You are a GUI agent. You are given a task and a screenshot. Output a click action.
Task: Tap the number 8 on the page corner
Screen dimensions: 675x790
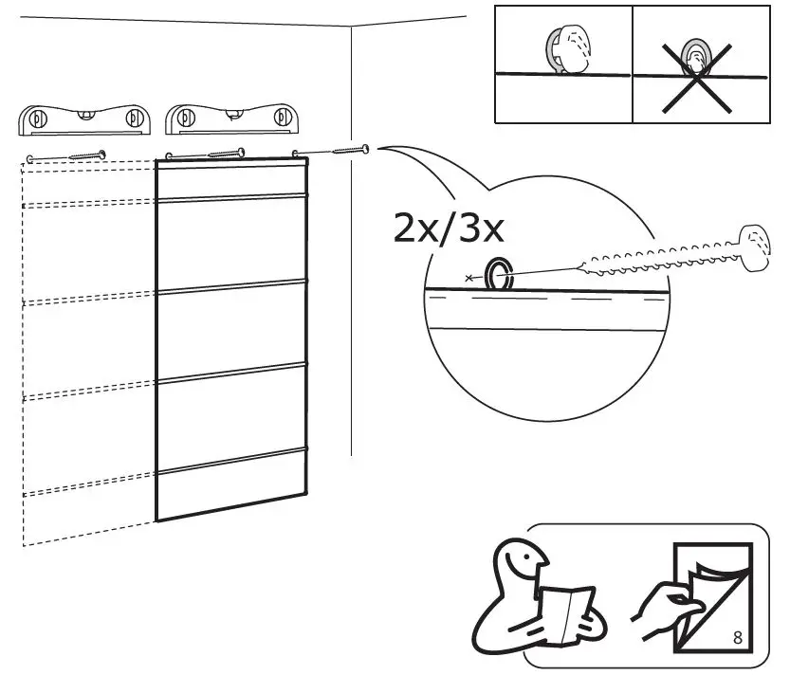pyautogui.click(x=738, y=637)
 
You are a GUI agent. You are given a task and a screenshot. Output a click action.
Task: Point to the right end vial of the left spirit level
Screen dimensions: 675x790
pyautogui.click(x=133, y=119)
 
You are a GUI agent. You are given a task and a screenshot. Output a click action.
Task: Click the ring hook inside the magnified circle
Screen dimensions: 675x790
pyautogui.click(x=497, y=275)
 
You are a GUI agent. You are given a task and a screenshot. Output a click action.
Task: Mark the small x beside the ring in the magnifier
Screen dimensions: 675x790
pyautogui.click(x=468, y=278)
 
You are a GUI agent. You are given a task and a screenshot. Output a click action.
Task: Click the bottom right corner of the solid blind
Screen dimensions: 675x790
pyautogui.click(x=307, y=494)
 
